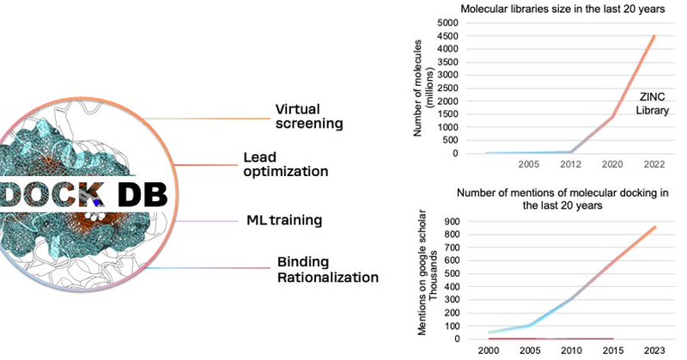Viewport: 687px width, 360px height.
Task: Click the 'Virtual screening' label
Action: point(308,117)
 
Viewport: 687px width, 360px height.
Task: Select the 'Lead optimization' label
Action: point(286,165)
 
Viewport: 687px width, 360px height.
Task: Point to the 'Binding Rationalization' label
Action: point(327,269)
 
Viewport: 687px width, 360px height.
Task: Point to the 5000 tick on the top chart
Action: point(446,23)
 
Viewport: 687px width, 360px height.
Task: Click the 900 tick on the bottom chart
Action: point(449,221)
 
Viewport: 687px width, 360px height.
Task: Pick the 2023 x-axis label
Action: point(654,351)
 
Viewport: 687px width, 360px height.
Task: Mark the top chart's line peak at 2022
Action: point(654,35)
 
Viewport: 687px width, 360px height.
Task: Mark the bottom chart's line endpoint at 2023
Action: point(654,227)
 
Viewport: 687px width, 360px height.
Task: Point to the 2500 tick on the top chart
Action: point(446,88)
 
